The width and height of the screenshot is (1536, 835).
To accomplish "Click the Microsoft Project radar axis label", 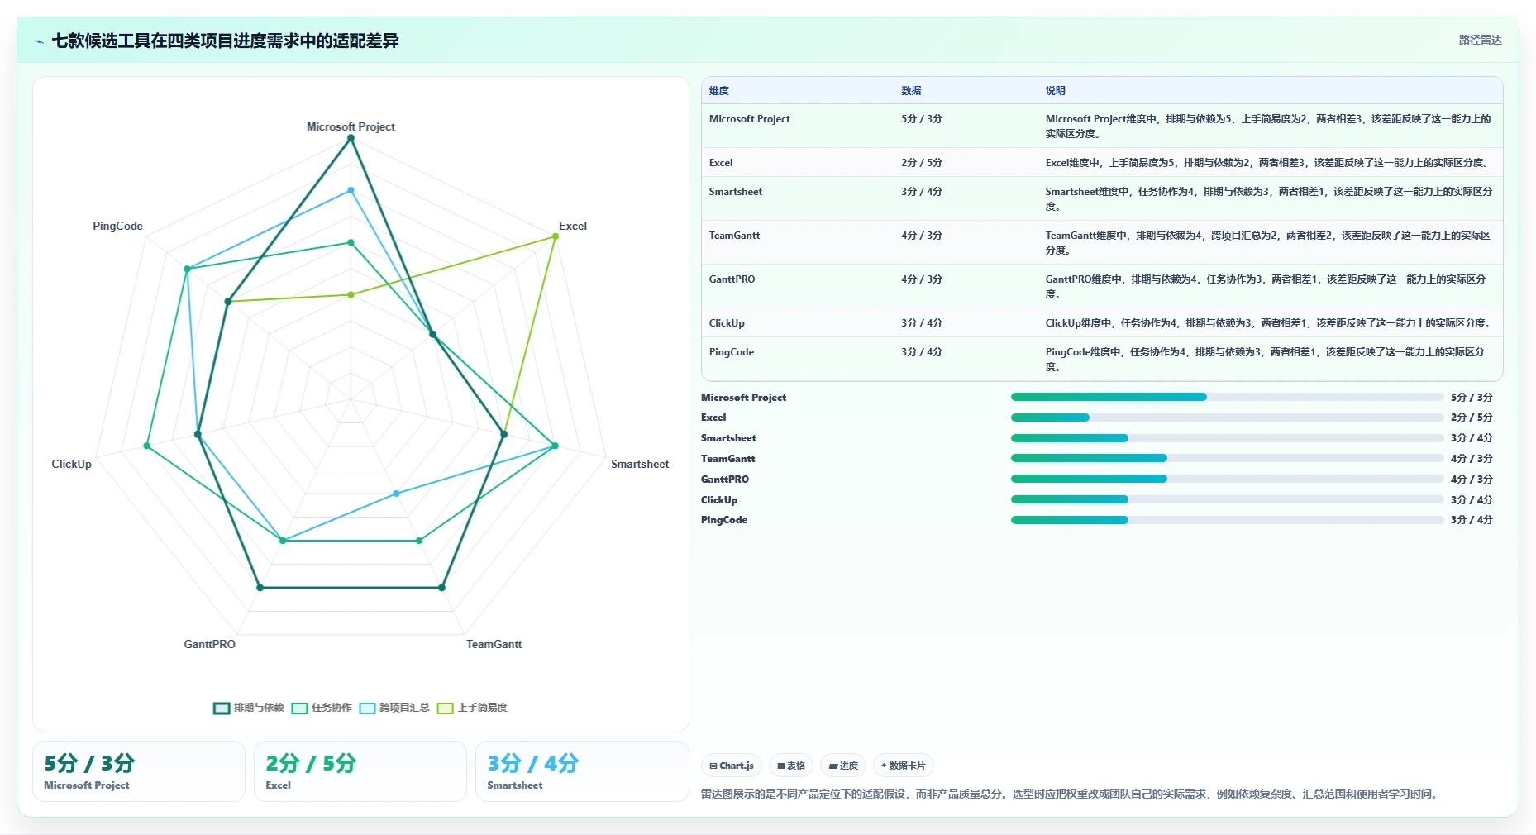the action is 351,126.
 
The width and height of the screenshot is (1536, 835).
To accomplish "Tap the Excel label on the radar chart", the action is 572,226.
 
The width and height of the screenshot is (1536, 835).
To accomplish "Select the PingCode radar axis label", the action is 117,226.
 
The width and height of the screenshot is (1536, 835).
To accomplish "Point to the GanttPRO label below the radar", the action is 209,644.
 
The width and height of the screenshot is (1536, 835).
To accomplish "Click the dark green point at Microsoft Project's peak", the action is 351,138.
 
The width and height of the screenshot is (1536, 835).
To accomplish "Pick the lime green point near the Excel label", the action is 556,236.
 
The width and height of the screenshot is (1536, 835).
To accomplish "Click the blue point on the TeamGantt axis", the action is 396,494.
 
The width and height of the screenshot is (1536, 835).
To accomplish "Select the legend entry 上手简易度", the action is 473,708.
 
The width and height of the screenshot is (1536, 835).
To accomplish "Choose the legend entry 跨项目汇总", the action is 395,708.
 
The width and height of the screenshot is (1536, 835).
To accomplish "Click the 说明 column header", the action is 1055,91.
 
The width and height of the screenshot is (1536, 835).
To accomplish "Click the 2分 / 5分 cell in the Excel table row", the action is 922,163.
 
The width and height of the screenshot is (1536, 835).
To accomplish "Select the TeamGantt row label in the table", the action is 734,236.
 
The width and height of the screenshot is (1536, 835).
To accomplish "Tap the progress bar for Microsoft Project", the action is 1227,397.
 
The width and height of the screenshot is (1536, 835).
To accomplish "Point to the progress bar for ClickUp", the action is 1227,499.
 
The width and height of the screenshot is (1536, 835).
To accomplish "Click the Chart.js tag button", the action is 732,766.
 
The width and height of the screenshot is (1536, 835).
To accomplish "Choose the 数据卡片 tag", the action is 904,766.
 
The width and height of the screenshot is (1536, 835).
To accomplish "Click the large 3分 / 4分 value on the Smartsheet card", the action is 532,763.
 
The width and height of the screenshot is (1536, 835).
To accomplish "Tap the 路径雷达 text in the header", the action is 1480,40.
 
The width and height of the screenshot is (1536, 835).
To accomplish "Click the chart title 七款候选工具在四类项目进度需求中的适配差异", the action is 226,41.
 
